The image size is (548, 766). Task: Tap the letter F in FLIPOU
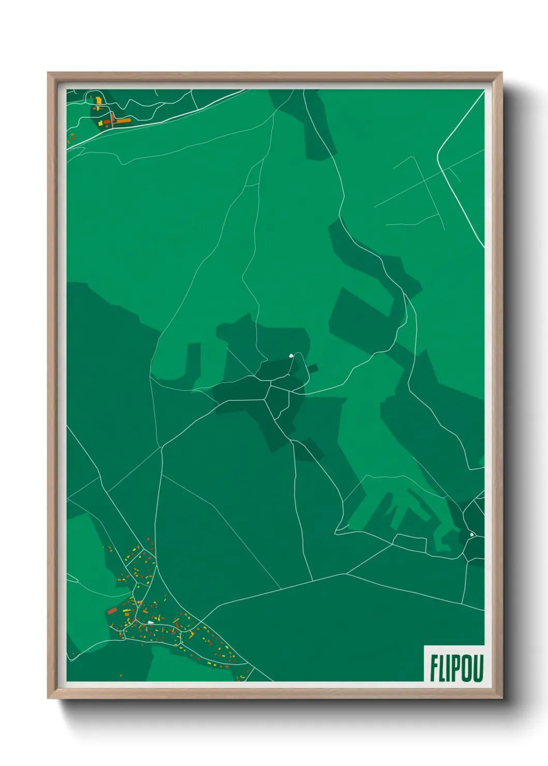[x=434, y=669]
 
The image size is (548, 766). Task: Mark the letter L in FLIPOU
[x=442, y=669]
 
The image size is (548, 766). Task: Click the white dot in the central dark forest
[x=291, y=356]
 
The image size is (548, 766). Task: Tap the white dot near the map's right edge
[x=472, y=535]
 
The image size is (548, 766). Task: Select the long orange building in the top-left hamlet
[x=123, y=121]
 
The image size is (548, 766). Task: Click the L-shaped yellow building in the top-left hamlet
[x=98, y=100]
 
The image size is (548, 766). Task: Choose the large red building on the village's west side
[x=112, y=611]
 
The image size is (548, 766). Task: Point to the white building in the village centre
[x=150, y=622]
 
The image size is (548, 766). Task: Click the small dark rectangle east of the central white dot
[x=313, y=369]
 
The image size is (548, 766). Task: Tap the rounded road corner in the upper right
[x=439, y=155]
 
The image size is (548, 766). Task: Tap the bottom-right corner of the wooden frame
[x=501, y=698]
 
